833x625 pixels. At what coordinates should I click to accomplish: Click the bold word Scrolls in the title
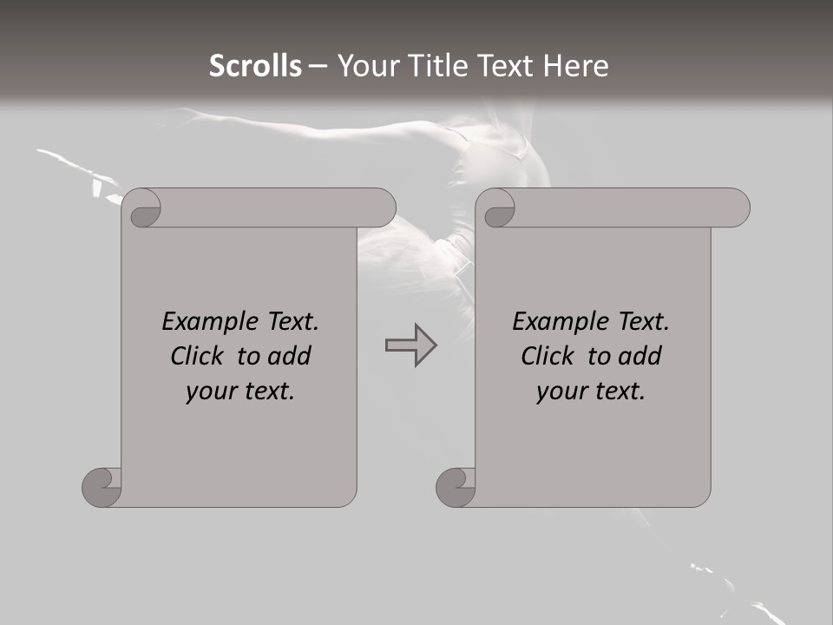[255, 66]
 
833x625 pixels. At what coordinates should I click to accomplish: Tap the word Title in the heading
[432, 66]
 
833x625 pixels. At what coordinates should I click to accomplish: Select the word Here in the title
[574, 66]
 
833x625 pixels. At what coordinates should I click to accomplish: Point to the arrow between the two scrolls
[410, 345]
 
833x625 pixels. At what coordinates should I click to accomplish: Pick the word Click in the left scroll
[195, 357]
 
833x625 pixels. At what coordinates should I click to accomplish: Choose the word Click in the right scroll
[546, 357]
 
